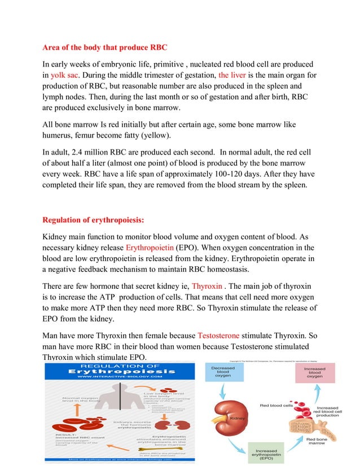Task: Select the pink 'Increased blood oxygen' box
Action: (314, 375)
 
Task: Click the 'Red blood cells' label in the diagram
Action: (275, 405)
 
